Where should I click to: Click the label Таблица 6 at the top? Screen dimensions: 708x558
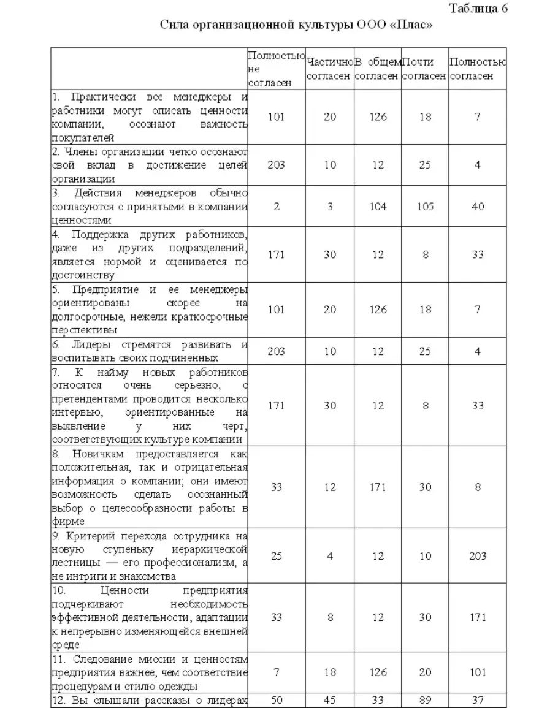(478, 8)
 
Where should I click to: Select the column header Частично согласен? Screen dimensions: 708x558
(330, 69)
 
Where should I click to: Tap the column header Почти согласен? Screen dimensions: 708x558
(425, 69)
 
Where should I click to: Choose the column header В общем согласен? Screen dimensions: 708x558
(378, 69)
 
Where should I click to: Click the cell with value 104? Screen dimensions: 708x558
(378, 207)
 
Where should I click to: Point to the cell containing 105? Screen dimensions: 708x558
(425, 207)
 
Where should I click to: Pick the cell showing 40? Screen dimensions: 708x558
(478, 207)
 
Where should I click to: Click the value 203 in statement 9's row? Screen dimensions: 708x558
(478, 556)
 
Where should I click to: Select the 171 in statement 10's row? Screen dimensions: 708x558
(478, 617)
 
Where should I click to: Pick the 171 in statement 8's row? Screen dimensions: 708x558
(378, 487)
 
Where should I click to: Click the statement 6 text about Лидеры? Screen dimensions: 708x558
(150, 351)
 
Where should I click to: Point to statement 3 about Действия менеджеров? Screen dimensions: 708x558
(150, 207)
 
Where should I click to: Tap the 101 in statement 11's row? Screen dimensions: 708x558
(478, 672)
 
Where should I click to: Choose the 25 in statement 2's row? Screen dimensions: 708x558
(425, 165)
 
